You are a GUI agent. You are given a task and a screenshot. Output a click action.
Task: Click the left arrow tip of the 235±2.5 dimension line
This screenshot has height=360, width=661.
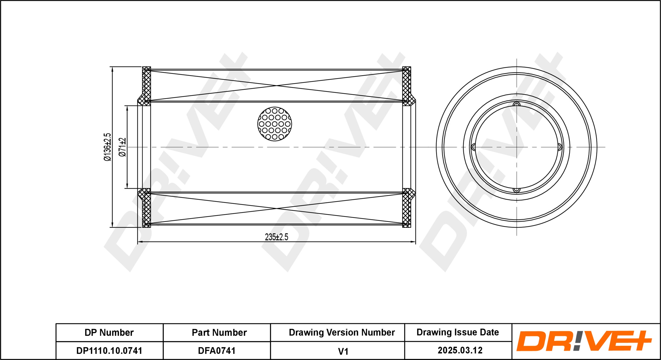pyautogui.click(x=138, y=242)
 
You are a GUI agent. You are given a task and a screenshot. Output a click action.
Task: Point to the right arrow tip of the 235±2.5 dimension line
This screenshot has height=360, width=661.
pyautogui.click(x=415, y=242)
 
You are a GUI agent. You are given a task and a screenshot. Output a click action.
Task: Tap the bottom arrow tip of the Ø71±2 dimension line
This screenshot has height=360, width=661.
pyautogui.click(x=127, y=188)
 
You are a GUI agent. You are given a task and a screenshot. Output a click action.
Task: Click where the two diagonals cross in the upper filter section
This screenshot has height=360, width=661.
pyautogui.click(x=277, y=86)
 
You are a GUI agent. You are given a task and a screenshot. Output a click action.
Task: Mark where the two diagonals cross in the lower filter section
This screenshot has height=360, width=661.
pyautogui.click(x=277, y=209)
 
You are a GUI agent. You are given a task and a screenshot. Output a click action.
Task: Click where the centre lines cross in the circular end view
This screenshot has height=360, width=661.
pyautogui.click(x=517, y=147)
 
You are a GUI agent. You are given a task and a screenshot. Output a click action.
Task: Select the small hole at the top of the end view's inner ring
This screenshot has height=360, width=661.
pyautogui.click(x=517, y=105)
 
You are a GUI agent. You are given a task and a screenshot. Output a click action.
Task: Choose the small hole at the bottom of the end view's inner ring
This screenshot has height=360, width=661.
pyautogui.click(x=517, y=190)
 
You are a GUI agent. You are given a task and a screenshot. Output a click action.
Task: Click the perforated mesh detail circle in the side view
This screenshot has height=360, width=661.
pyautogui.click(x=275, y=124)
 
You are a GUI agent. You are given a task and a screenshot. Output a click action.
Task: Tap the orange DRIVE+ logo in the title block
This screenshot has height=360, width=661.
pyautogui.click(x=584, y=341)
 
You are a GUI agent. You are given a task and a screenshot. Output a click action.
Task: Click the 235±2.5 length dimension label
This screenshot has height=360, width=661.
pyautogui.click(x=277, y=237)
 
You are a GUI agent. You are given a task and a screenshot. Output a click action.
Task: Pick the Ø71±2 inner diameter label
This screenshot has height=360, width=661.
pyautogui.click(x=122, y=147)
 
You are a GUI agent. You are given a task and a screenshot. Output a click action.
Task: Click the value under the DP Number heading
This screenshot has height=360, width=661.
pyautogui.click(x=109, y=350)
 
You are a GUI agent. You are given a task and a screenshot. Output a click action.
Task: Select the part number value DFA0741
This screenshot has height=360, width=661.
pyautogui.click(x=217, y=350)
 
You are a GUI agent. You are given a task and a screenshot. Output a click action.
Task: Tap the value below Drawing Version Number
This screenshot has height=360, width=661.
pyautogui.click(x=343, y=351)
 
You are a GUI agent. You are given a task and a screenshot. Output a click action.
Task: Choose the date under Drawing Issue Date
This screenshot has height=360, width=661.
pyautogui.click(x=460, y=350)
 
